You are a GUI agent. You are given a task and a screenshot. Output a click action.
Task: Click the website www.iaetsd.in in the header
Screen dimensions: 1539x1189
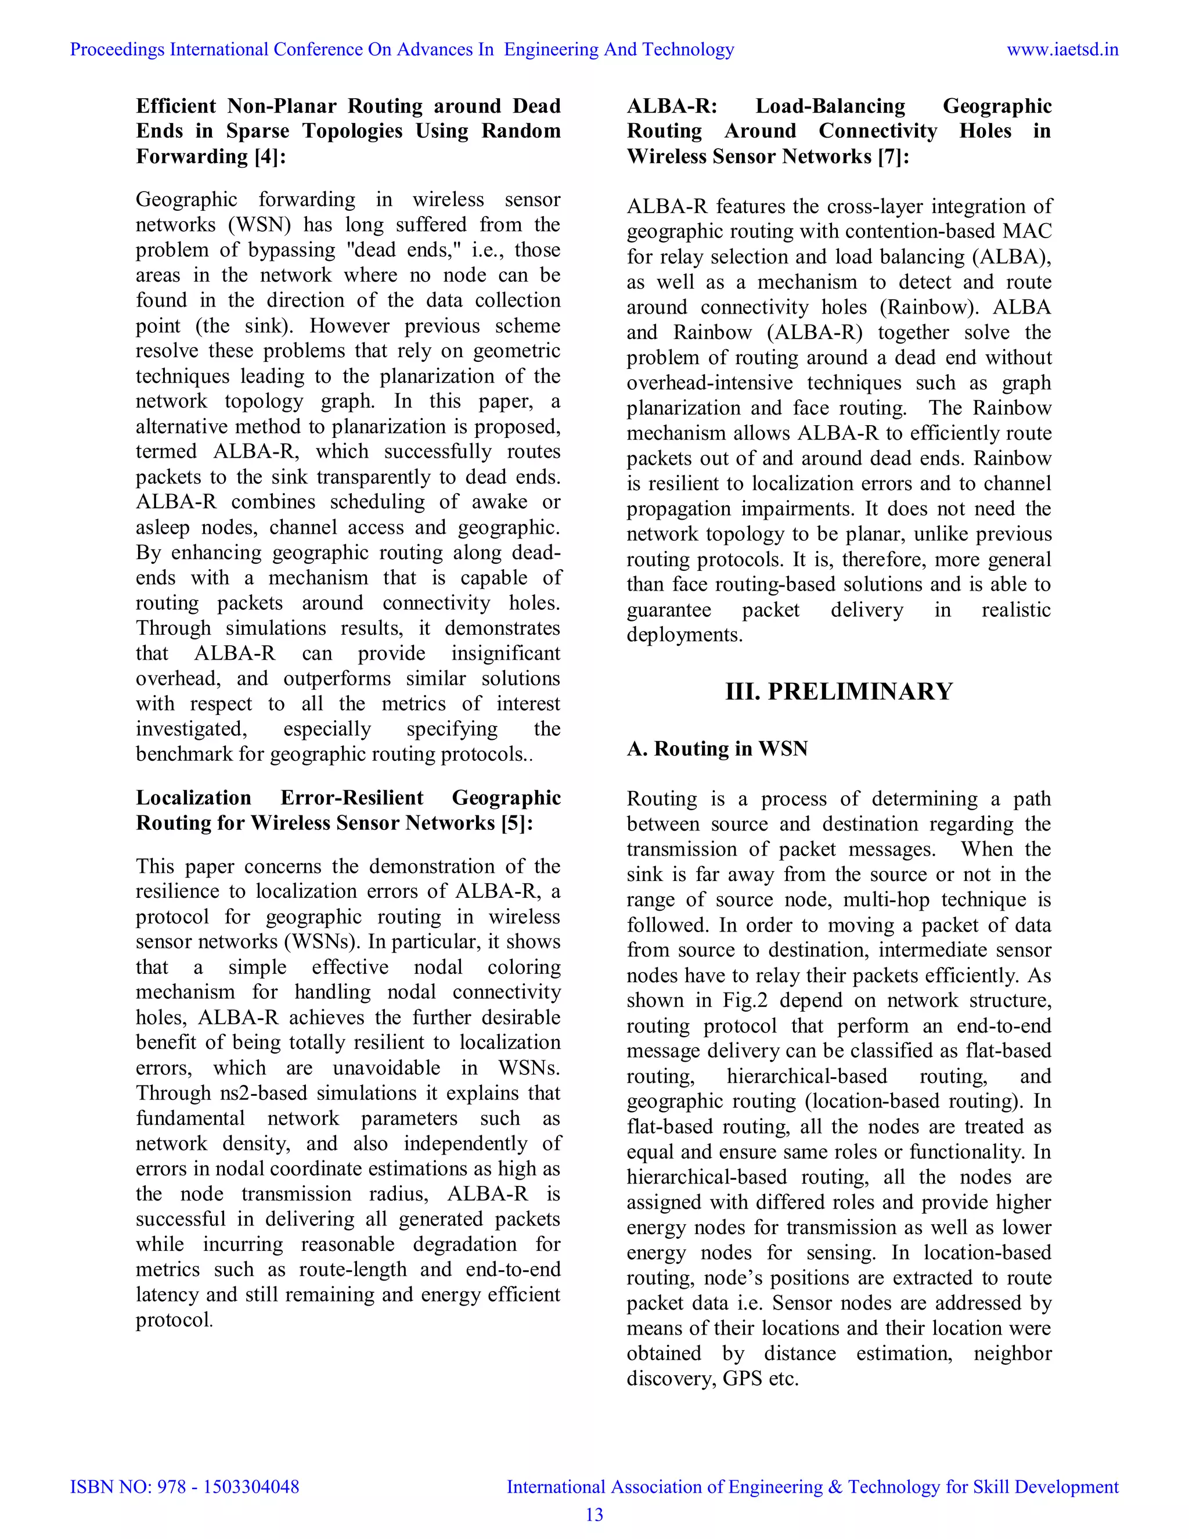pyautogui.click(x=1062, y=49)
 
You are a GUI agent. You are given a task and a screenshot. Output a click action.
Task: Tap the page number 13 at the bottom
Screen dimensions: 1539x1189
pyautogui.click(x=594, y=1515)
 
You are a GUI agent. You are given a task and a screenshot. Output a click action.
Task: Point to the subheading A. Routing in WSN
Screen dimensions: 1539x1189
pyautogui.click(x=717, y=749)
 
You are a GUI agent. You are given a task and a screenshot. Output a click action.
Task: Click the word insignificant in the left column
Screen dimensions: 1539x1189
pyautogui.click(x=505, y=653)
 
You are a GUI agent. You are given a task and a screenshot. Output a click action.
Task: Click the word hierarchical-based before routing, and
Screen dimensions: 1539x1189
pyautogui.click(x=806, y=1076)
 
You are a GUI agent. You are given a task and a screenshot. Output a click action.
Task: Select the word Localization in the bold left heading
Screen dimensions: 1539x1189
pyautogui.click(x=193, y=798)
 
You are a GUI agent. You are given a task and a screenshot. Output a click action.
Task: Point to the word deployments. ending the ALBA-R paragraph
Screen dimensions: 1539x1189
pyautogui.click(x=684, y=635)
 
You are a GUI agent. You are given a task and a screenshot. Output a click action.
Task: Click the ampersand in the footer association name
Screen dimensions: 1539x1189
pyautogui.click(x=835, y=1487)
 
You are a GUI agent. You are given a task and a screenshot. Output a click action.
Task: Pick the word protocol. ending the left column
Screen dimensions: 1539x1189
pyautogui.click(x=174, y=1320)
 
